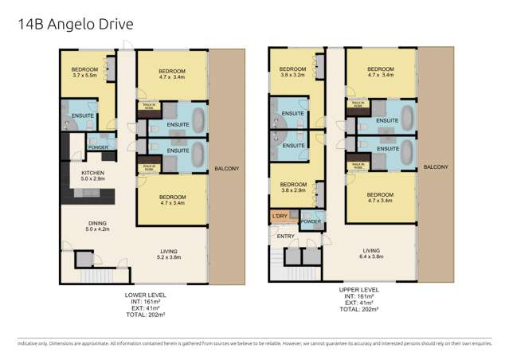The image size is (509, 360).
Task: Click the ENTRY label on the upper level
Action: click(285, 236)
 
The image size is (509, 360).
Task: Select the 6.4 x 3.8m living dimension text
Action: click(371, 256)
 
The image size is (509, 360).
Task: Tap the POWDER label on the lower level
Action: click(97, 147)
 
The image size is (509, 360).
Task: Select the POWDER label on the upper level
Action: click(311, 221)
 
